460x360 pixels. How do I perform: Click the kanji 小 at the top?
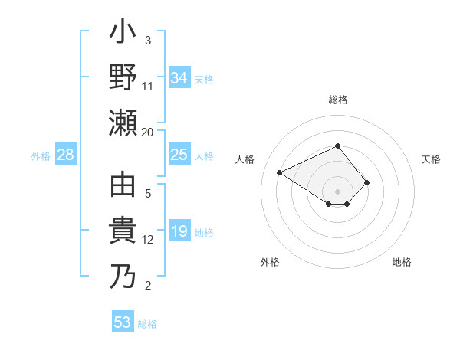[123, 34]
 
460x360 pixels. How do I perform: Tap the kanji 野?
[123, 79]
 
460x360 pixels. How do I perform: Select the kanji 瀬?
[123, 123]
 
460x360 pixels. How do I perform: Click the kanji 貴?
[123, 231]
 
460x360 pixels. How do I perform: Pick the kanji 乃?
[123, 276]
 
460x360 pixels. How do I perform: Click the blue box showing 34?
[179, 78]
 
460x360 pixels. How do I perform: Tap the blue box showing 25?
[179, 155]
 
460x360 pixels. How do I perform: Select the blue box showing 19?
[179, 232]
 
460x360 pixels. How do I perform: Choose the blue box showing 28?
[66, 155]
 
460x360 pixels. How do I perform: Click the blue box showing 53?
[123, 322]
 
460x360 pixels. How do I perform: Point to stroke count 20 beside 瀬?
[147, 132]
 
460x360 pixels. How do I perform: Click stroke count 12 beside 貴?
[148, 240]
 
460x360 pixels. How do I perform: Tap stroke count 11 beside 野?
[148, 87]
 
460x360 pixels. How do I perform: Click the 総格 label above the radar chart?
[338, 100]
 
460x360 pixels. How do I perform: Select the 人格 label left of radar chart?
[245, 159]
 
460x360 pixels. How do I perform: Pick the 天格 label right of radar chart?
[432, 159]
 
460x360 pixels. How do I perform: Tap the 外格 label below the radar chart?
[269, 262]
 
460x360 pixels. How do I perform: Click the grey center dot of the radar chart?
[338, 191]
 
